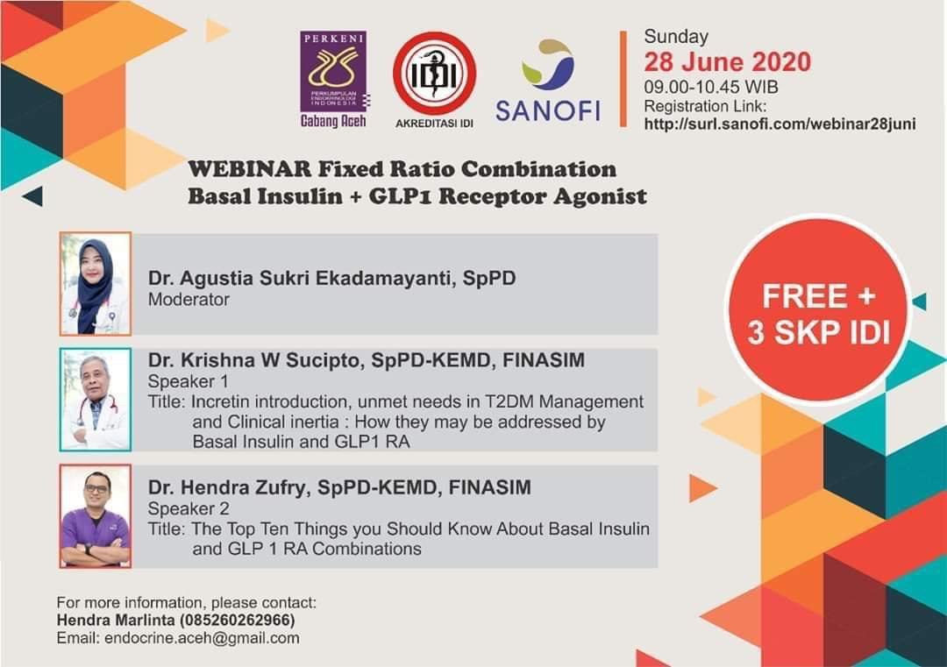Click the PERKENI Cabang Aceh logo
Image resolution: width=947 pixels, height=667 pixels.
(333, 79)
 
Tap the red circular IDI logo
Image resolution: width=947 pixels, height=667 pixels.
(434, 73)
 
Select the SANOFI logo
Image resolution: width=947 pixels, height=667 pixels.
(548, 83)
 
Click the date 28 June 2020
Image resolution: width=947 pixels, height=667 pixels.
(727, 62)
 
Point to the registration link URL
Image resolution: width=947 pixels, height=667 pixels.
(780, 124)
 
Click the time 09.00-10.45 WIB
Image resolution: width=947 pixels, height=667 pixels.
(711, 88)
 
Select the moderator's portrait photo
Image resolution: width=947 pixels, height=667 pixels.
(96, 284)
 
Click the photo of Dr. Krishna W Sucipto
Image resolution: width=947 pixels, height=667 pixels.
(96, 400)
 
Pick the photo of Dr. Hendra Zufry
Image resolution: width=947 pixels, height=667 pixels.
(96, 516)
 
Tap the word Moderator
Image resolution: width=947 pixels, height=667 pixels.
(189, 300)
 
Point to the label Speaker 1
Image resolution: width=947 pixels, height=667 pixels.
(188, 381)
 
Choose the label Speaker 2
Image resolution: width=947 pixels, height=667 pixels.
(189, 507)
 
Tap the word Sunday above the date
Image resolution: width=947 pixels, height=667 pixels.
(676, 37)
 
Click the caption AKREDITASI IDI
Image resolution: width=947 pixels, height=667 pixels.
(434, 123)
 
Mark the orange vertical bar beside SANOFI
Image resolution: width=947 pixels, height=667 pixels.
(623, 79)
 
